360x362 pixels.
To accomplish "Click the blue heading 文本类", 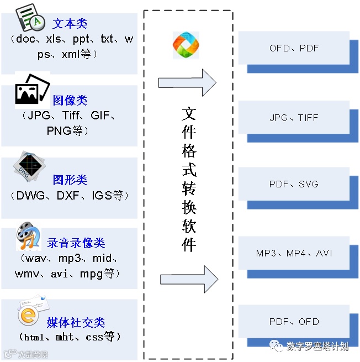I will point(70,24).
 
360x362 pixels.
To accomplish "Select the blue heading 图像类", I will point(70,101).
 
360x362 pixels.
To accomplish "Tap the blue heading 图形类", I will point(70,180).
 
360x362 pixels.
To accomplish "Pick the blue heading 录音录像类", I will point(76,243).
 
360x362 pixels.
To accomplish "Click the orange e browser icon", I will point(28,315).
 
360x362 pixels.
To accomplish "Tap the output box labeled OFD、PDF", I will point(294,48).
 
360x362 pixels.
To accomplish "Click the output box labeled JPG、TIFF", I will point(294,118).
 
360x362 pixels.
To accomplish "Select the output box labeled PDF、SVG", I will point(294,184).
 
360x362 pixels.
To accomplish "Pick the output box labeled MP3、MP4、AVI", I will point(294,254).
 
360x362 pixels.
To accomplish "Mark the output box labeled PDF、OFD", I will point(294,322).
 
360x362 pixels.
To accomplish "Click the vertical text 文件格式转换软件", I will point(189,180).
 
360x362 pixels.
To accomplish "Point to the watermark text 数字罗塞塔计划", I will point(317,347).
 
